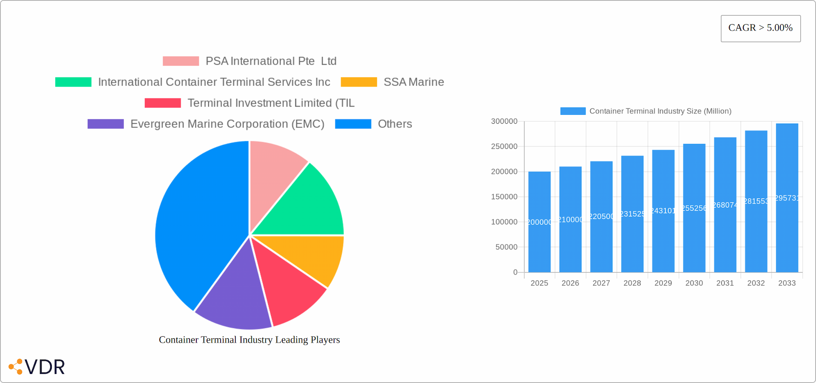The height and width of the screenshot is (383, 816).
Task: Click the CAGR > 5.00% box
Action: click(x=760, y=28)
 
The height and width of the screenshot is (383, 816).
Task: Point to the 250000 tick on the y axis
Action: click(x=504, y=146)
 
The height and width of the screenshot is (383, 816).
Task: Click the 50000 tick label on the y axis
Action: click(x=506, y=247)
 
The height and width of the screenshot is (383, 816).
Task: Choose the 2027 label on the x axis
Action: click(x=601, y=283)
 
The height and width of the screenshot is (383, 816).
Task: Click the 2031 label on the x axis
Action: click(x=725, y=283)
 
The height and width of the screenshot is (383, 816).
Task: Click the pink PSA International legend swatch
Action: click(x=181, y=61)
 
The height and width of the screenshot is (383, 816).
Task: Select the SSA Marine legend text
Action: click(x=414, y=82)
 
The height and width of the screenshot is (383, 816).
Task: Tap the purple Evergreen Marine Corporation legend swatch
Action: click(x=105, y=124)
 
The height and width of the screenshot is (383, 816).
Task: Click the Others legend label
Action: click(x=395, y=124)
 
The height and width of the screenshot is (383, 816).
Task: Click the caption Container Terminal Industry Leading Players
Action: click(x=249, y=340)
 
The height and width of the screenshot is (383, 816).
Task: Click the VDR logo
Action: click(x=37, y=366)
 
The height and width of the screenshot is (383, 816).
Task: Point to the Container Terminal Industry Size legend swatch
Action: click(x=572, y=111)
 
